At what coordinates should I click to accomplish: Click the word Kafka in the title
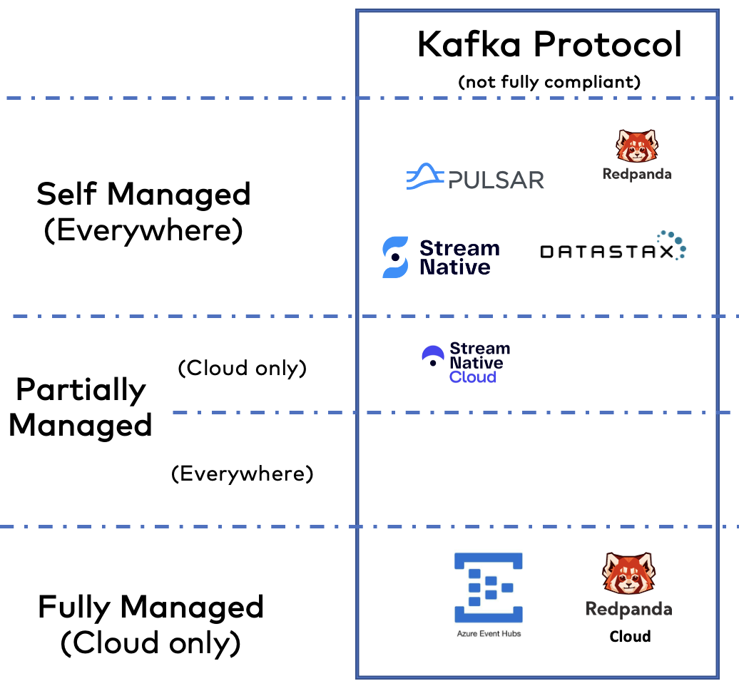point(469,45)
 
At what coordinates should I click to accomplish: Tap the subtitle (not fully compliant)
point(549,81)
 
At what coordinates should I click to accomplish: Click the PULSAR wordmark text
point(496,180)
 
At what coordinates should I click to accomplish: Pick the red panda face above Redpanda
point(637,146)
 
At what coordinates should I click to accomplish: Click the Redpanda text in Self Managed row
point(637,174)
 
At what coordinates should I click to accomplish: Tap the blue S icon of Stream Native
point(395,257)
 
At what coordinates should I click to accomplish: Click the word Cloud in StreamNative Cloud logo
point(472,377)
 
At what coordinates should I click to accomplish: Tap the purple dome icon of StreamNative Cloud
point(432,356)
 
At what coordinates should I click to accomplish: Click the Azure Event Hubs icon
point(489,588)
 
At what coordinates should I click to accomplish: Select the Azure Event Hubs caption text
point(489,633)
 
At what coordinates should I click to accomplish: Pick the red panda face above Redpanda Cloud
point(628,573)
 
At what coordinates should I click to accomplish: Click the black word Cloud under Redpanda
point(630,636)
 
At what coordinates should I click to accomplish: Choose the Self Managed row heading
point(143,194)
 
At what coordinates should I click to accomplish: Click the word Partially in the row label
point(81,389)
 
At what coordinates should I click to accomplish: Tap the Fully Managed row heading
point(151,608)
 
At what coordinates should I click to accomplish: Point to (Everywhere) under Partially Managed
point(242,473)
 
